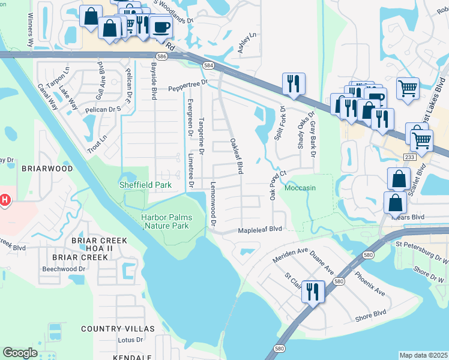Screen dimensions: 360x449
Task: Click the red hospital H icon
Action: tap(4, 199)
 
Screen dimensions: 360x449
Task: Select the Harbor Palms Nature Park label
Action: tap(165, 221)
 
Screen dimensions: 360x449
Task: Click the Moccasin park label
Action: tap(300, 188)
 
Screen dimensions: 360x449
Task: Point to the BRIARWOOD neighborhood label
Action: tap(47, 169)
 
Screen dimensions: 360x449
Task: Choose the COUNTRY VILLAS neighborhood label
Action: tap(118, 329)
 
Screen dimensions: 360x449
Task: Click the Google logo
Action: tap(20, 353)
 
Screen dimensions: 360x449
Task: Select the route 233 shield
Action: tap(409, 156)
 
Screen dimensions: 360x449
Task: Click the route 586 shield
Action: tap(178, 55)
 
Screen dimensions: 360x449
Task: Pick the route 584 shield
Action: tap(208, 65)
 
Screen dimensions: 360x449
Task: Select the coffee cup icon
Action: tap(160, 26)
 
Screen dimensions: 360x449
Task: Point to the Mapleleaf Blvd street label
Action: tap(260, 229)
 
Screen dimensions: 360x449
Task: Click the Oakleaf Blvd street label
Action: tap(237, 157)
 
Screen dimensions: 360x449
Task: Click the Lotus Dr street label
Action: tap(131, 340)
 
